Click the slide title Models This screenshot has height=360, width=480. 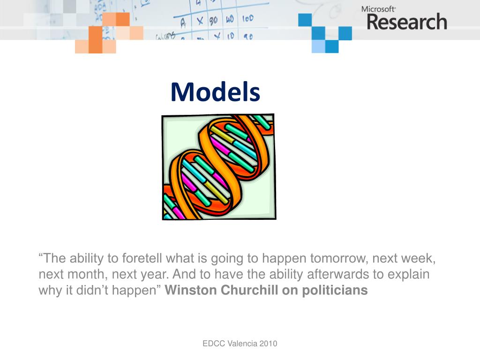tap(215, 92)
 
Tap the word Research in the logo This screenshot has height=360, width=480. tap(407, 22)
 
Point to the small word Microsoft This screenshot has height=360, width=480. tap(378, 9)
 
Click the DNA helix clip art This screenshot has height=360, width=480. tap(219, 167)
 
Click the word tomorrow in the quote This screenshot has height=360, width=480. tap(339, 258)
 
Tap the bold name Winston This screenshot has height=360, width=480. tap(191, 290)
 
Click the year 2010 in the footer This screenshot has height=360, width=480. tap(269, 344)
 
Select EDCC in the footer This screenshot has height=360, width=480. tap(214, 344)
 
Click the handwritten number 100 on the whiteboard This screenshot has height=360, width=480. tap(248, 18)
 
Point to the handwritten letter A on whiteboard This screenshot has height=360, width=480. tap(183, 22)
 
